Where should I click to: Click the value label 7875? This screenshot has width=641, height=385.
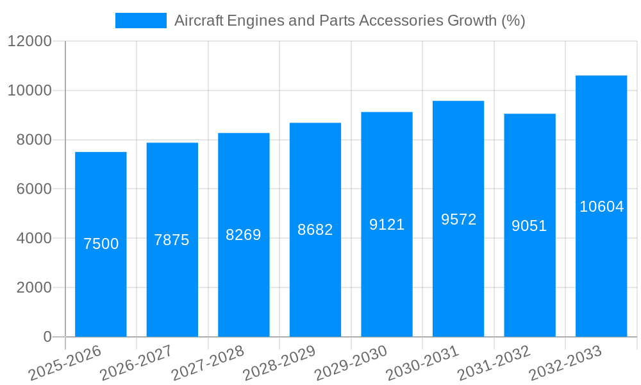tap(172, 240)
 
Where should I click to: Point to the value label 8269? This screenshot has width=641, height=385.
tap(244, 235)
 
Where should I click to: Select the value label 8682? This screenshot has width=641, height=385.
tap(315, 230)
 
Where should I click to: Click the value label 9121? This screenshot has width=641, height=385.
tap(387, 225)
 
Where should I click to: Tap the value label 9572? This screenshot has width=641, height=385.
tap(458, 219)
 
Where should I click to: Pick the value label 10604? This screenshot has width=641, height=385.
tap(601, 207)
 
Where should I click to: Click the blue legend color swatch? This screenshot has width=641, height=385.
tap(140, 21)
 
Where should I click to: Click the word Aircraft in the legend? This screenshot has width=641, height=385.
tap(199, 21)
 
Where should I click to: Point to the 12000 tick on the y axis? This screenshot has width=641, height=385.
tap(29, 42)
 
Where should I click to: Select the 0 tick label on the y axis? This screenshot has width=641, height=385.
tap(47, 337)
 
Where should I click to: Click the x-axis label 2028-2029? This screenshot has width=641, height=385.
tap(279, 363)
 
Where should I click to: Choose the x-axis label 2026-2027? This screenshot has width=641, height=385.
tap(136, 363)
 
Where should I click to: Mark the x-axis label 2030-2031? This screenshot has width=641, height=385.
tap(423, 363)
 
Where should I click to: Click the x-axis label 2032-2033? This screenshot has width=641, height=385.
tap(566, 363)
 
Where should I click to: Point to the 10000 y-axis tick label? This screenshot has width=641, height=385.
tap(29, 90)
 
